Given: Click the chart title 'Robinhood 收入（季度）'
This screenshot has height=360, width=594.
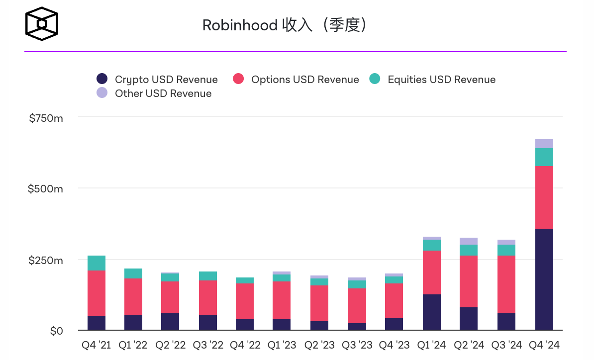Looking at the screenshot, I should click(x=284, y=25).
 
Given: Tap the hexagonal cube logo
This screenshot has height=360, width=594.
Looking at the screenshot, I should click(x=42, y=24).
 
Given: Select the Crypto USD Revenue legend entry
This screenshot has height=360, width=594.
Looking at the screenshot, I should click(x=157, y=80).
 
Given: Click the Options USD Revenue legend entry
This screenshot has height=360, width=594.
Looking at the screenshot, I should click(x=296, y=80).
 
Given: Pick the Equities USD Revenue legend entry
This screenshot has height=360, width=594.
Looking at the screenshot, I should click(x=432, y=80).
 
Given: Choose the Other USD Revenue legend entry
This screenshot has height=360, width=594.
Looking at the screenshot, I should click(x=154, y=93).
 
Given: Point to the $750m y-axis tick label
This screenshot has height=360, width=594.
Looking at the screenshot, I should click(x=46, y=118).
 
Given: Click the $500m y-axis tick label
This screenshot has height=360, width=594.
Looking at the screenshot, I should click(x=46, y=189).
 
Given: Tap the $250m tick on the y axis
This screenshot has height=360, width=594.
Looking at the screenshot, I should click(x=46, y=260).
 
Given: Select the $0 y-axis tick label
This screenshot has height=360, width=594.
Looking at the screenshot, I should click(x=56, y=331).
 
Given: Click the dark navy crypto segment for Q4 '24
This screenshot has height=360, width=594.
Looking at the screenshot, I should click(x=544, y=279).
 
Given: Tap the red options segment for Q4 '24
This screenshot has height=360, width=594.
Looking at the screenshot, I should click(x=544, y=197).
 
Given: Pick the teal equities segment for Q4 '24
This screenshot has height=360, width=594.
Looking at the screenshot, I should click(x=544, y=157).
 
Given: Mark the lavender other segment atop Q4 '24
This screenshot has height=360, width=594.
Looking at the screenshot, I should click(x=544, y=144).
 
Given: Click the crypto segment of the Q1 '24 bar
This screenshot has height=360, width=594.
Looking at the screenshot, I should click(x=431, y=312).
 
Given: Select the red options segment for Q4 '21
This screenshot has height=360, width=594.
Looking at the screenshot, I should click(x=97, y=293).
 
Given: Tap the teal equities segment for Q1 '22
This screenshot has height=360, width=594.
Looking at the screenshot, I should click(x=133, y=273).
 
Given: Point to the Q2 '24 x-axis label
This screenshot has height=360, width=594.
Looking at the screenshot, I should click(x=469, y=345).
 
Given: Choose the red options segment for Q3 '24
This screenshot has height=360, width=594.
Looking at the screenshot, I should click(x=506, y=284).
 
